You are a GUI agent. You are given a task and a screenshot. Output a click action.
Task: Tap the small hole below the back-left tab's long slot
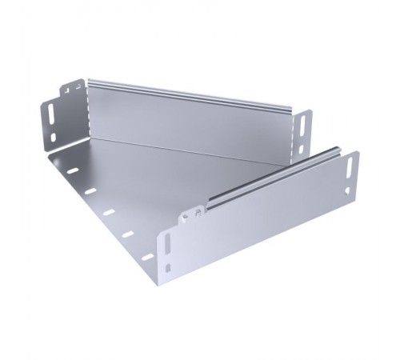[54, 137]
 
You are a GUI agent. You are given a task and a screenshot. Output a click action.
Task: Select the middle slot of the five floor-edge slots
[109, 212]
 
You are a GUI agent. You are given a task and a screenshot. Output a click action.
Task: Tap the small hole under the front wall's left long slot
[169, 266]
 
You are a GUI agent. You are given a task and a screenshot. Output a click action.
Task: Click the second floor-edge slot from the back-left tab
[90, 191]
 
